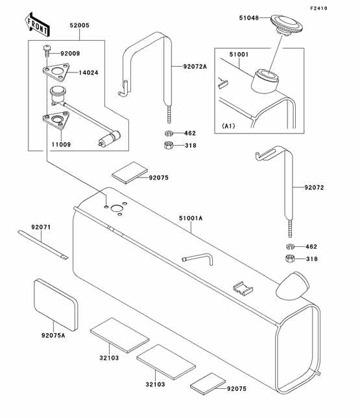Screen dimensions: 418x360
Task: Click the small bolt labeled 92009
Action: [x=47, y=51]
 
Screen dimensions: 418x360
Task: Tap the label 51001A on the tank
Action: [x=191, y=219]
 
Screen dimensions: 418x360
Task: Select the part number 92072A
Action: [x=195, y=66]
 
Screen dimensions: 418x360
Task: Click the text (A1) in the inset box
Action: [x=229, y=125]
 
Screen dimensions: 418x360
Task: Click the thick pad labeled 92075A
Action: [x=55, y=301]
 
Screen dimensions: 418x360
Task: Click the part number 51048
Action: [x=252, y=20]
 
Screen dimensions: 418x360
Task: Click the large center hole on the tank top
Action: [x=117, y=209]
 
